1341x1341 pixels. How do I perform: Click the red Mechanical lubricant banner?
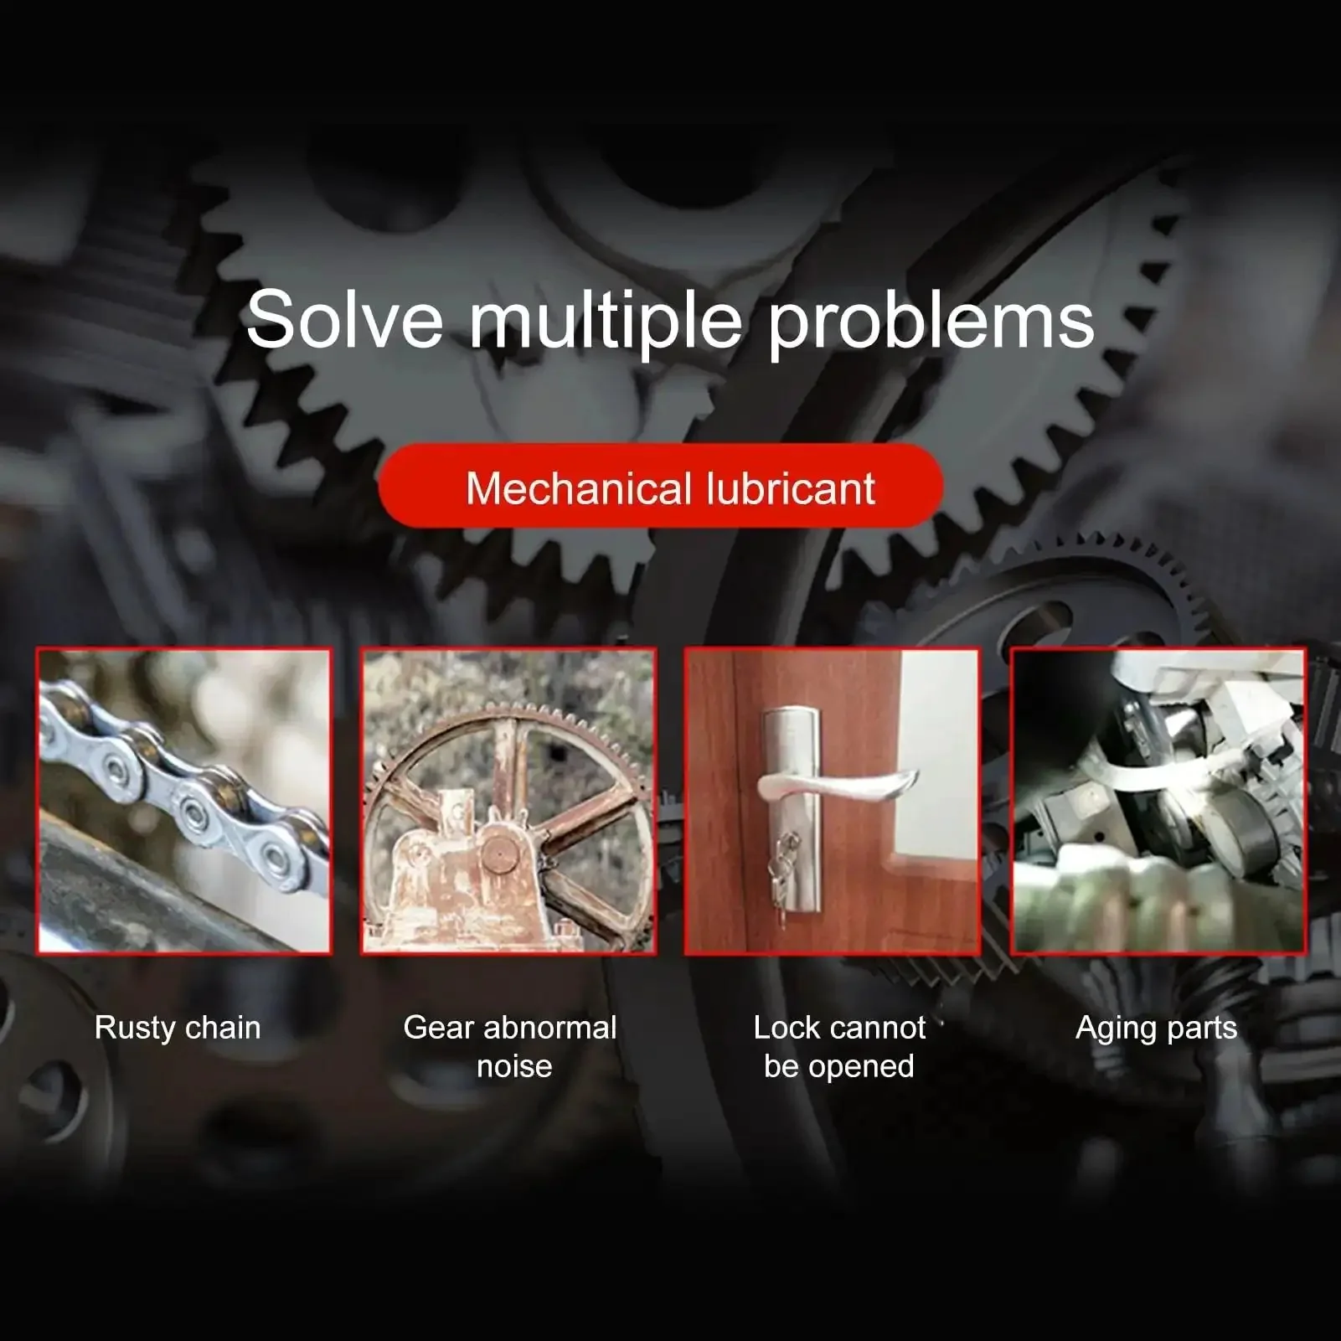tap(661, 487)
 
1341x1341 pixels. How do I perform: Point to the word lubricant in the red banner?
tap(791, 488)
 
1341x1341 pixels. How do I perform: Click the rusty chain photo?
tap(184, 802)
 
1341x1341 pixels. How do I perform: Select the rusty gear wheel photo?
tap(508, 802)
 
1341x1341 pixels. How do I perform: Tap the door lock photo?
tap(833, 802)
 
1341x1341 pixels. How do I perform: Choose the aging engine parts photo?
tap(1158, 802)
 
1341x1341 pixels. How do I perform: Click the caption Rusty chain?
tap(178, 1029)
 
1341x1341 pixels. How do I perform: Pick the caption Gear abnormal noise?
tap(510, 1047)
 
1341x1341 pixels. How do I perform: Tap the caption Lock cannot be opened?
tap(839, 1047)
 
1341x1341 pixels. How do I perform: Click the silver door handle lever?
tap(838, 786)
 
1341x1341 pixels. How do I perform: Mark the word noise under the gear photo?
tap(514, 1067)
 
